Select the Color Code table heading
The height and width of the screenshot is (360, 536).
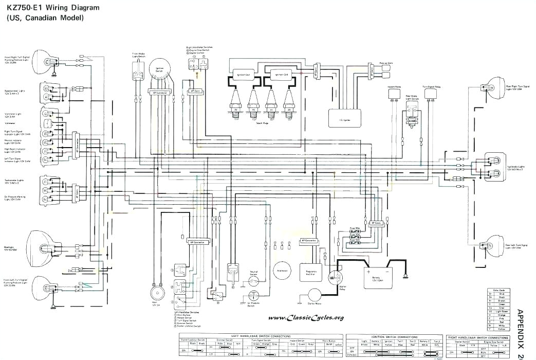tap(497, 291)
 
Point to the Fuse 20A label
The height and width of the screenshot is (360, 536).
tap(354, 228)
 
